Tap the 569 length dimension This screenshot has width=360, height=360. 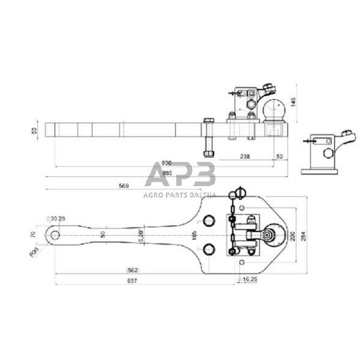tap(124, 186)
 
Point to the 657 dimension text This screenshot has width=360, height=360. tap(132, 281)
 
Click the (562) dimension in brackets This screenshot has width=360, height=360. tap(132, 269)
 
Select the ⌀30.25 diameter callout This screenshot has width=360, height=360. tap(58, 217)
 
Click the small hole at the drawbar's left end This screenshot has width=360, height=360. tap(56, 234)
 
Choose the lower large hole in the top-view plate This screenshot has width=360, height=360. tap(209, 248)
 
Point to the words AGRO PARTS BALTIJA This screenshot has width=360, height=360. tap(180, 195)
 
